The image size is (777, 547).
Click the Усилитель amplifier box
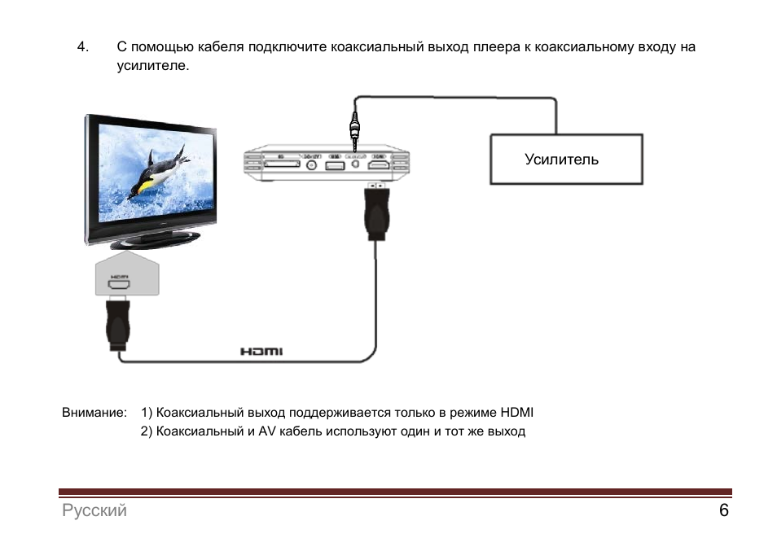565,160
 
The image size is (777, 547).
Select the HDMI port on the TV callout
121,286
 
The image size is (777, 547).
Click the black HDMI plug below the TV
119,326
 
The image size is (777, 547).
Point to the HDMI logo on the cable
261,352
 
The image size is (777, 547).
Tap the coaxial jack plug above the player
354,129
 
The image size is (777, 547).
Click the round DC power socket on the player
311,165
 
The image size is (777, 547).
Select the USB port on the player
333,166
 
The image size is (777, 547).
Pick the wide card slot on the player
280,165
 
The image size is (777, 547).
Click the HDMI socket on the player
379,166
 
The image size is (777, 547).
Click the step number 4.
81,47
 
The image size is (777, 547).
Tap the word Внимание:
94,412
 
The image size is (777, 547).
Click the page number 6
723,511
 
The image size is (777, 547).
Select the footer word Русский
94,511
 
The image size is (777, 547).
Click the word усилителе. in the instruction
153,66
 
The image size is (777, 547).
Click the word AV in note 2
268,431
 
